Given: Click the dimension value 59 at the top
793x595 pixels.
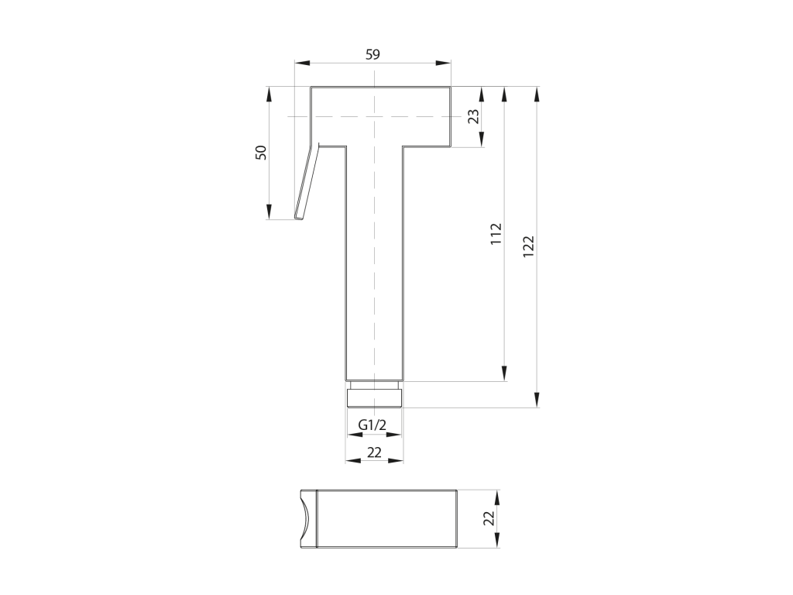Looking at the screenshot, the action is (372, 55).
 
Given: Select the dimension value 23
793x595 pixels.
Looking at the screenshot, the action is (473, 116).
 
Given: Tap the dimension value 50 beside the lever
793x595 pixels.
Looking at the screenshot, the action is (261, 153).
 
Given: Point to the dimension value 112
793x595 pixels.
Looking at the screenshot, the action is (496, 234).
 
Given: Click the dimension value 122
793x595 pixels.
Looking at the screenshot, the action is (528, 247).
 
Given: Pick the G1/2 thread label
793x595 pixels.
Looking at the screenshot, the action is (372, 425).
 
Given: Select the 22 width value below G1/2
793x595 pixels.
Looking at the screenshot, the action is (374, 452).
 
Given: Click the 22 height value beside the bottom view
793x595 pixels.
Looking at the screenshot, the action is (488, 518).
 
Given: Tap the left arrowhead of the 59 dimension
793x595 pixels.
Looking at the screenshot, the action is (302, 63).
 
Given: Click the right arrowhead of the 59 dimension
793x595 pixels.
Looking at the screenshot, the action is (443, 63).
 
